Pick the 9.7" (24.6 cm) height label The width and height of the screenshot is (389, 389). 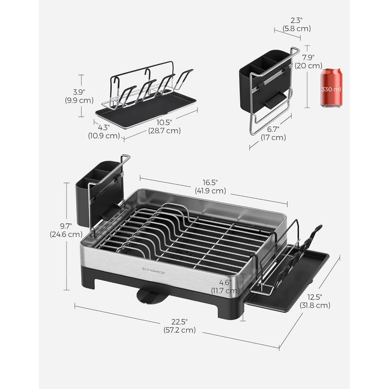coord(66,230)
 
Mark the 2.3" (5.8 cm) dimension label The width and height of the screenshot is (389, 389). coord(296,24)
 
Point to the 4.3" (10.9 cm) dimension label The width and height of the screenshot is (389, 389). coord(104,132)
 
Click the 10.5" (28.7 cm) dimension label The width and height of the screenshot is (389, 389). coord(166,126)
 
